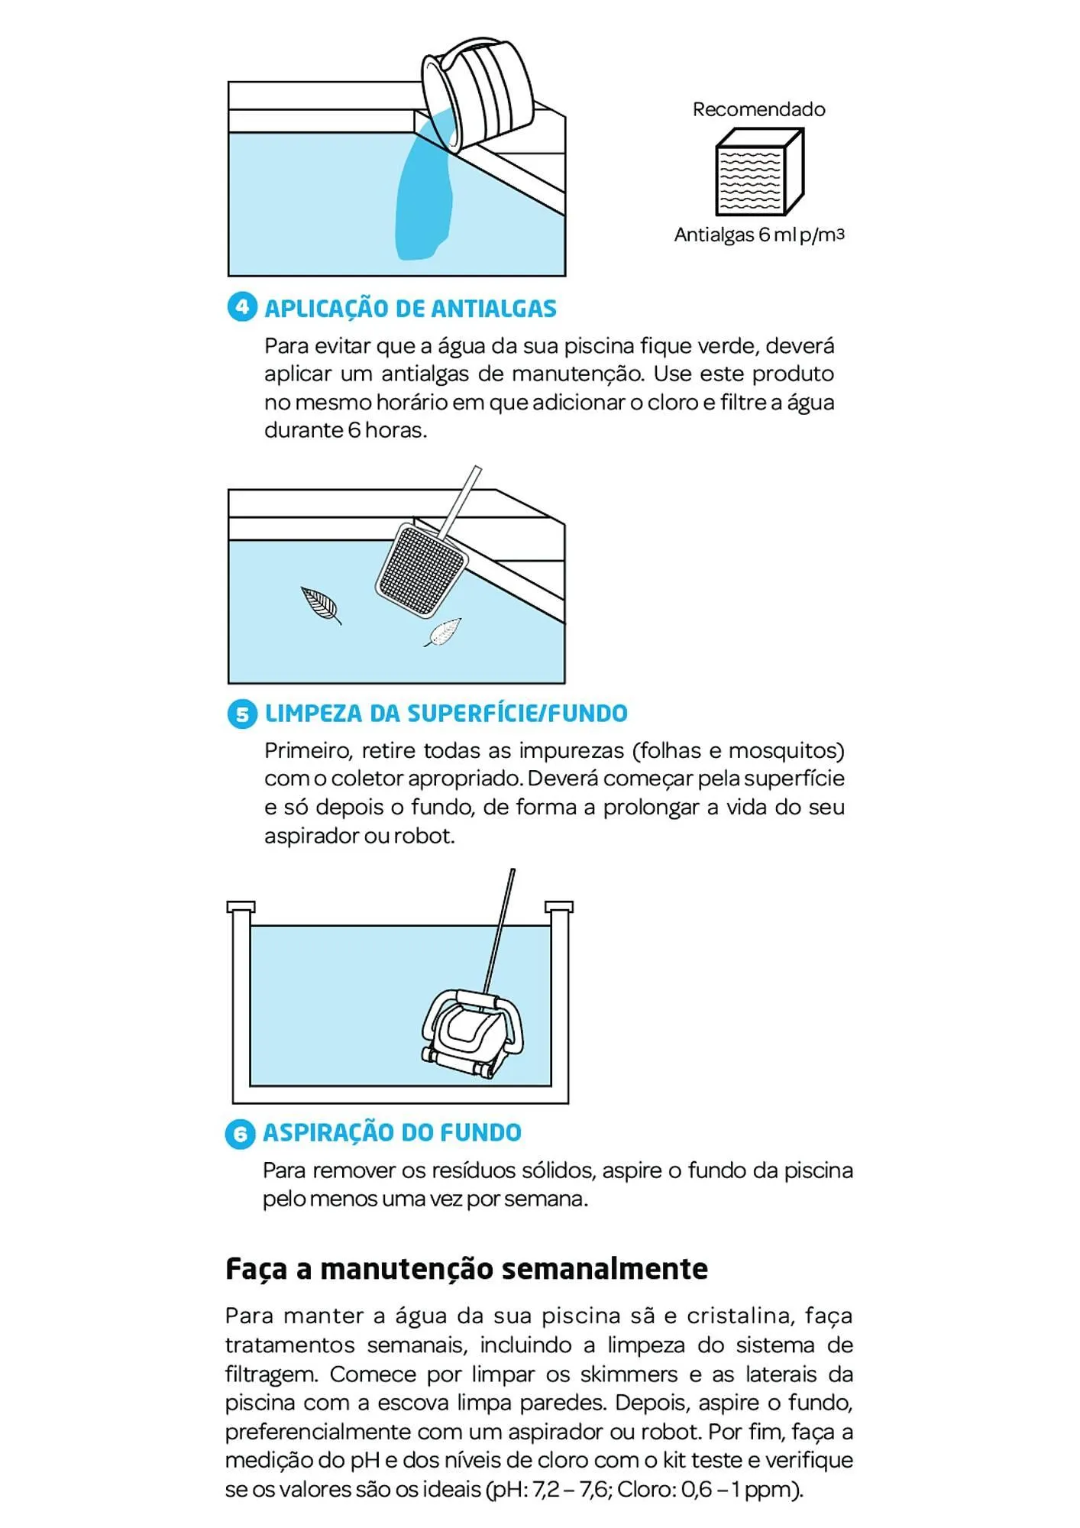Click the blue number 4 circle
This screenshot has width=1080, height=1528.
click(x=242, y=307)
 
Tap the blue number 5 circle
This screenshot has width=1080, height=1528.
click(x=242, y=714)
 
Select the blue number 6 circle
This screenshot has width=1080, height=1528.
click(x=240, y=1134)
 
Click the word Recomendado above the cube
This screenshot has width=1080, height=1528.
click(x=758, y=109)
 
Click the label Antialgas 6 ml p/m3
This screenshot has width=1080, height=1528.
click(x=758, y=235)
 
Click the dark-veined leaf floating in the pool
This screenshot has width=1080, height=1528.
click(x=321, y=604)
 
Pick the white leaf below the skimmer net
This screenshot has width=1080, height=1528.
click(x=444, y=632)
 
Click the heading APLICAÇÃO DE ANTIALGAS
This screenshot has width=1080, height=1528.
click(x=410, y=309)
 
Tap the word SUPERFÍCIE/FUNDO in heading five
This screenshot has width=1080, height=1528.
click(x=517, y=714)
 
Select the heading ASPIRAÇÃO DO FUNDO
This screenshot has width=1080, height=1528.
click(x=392, y=1132)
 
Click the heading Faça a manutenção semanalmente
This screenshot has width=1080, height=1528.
click(x=466, y=1269)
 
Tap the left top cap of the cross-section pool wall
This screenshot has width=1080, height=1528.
click(x=241, y=907)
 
